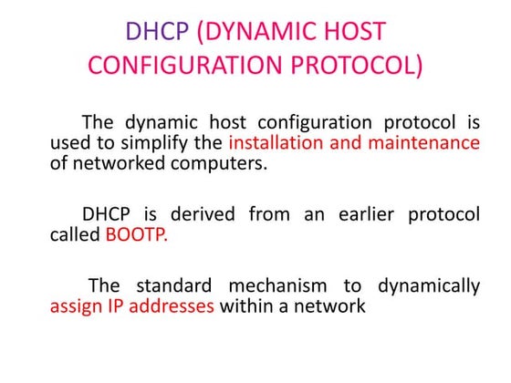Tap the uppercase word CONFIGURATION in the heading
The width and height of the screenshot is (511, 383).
pos(179,67)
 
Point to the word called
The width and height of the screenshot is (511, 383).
pos(75,235)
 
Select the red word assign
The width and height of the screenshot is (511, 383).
pos(76,306)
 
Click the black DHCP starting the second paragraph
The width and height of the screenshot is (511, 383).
pos(109,214)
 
